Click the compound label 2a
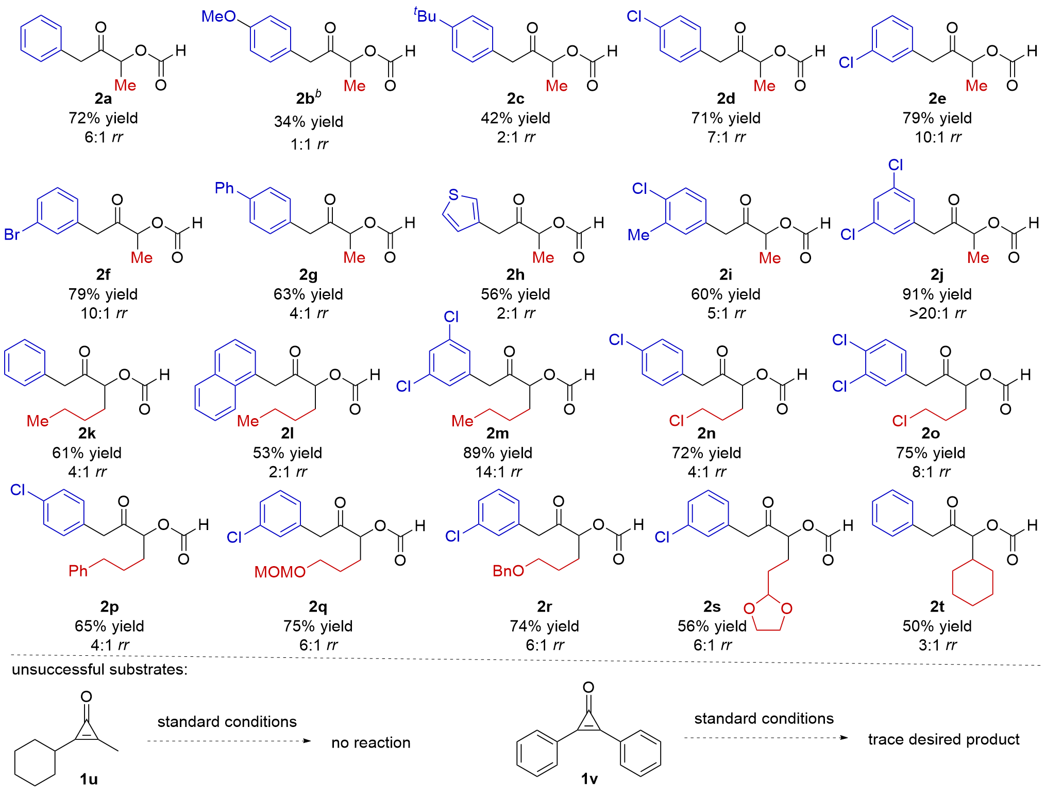point(103,98)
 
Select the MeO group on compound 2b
point(218,16)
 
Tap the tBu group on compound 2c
point(425,15)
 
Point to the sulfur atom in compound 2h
point(453,194)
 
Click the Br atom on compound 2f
point(12,235)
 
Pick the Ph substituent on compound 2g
point(225,188)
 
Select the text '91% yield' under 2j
point(937,294)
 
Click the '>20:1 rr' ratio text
point(937,313)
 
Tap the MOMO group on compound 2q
point(280,572)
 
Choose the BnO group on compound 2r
point(509,571)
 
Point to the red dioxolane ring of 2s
point(768,613)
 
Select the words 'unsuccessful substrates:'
point(100,669)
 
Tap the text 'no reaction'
point(371,742)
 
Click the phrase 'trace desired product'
point(943,739)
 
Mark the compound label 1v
point(589,779)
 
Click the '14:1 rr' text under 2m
point(498,472)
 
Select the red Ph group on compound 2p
point(78,571)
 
